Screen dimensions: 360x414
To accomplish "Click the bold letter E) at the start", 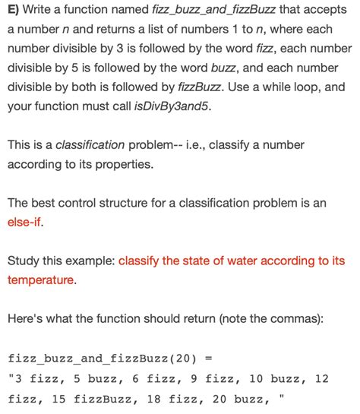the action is [14, 8].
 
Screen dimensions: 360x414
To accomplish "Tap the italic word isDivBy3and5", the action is [172, 106].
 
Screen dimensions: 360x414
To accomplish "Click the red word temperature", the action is [41, 280].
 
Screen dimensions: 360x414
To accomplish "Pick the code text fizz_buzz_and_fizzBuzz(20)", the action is [101, 358].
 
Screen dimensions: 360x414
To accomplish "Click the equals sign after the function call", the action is [209, 358].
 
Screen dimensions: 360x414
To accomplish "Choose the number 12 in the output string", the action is [321, 378].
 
